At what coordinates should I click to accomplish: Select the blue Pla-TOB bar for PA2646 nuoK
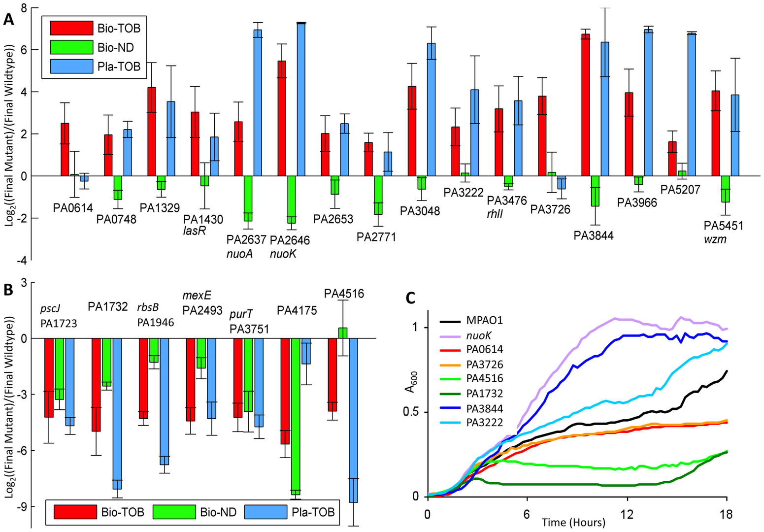300,99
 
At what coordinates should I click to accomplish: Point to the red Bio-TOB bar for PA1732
97,385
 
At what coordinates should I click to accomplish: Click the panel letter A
8,19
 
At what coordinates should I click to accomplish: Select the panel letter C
411,299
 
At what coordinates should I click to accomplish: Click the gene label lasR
195,231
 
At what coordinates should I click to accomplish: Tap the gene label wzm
715,239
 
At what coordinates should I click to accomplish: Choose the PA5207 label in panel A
680,190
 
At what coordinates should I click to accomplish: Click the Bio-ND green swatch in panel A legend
71,47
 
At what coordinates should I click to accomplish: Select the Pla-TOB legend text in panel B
313,512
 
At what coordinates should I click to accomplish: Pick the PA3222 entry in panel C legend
484,422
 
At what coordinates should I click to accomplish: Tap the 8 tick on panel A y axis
22,8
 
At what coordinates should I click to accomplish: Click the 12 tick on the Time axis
627,514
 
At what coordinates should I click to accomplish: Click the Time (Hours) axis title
573,522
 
